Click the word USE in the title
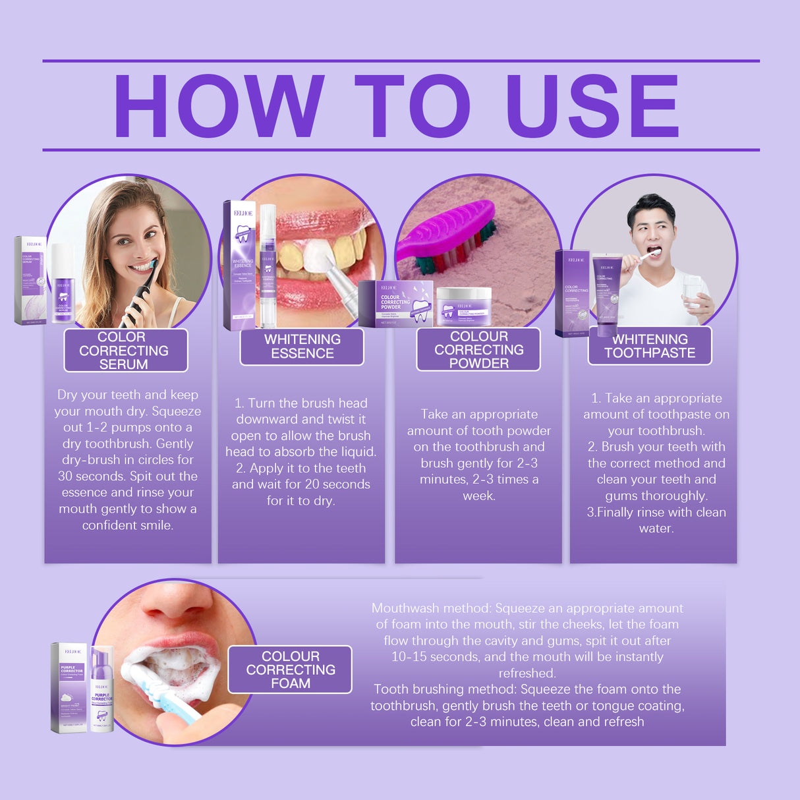tap(591, 106)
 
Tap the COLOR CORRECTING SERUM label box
tap(125, 351)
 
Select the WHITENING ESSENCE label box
tap(302, 347)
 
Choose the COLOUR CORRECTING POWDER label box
tap(478, 350)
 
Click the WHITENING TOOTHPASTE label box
tap(650, 346)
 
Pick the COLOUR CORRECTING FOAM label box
tap(290, 670)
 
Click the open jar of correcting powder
tap(464, 306)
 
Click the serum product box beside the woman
tap(30, 281)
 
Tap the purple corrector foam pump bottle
tap(102, 689)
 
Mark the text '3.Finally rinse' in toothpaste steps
tap(623, 513)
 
